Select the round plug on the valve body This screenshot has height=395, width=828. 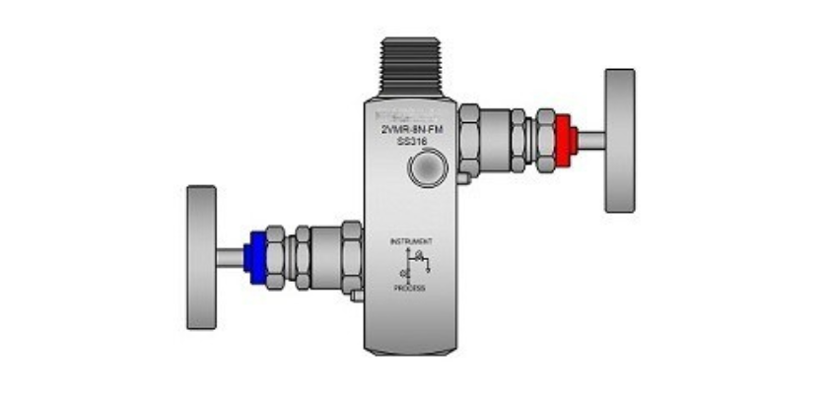[x=426, y=169]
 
